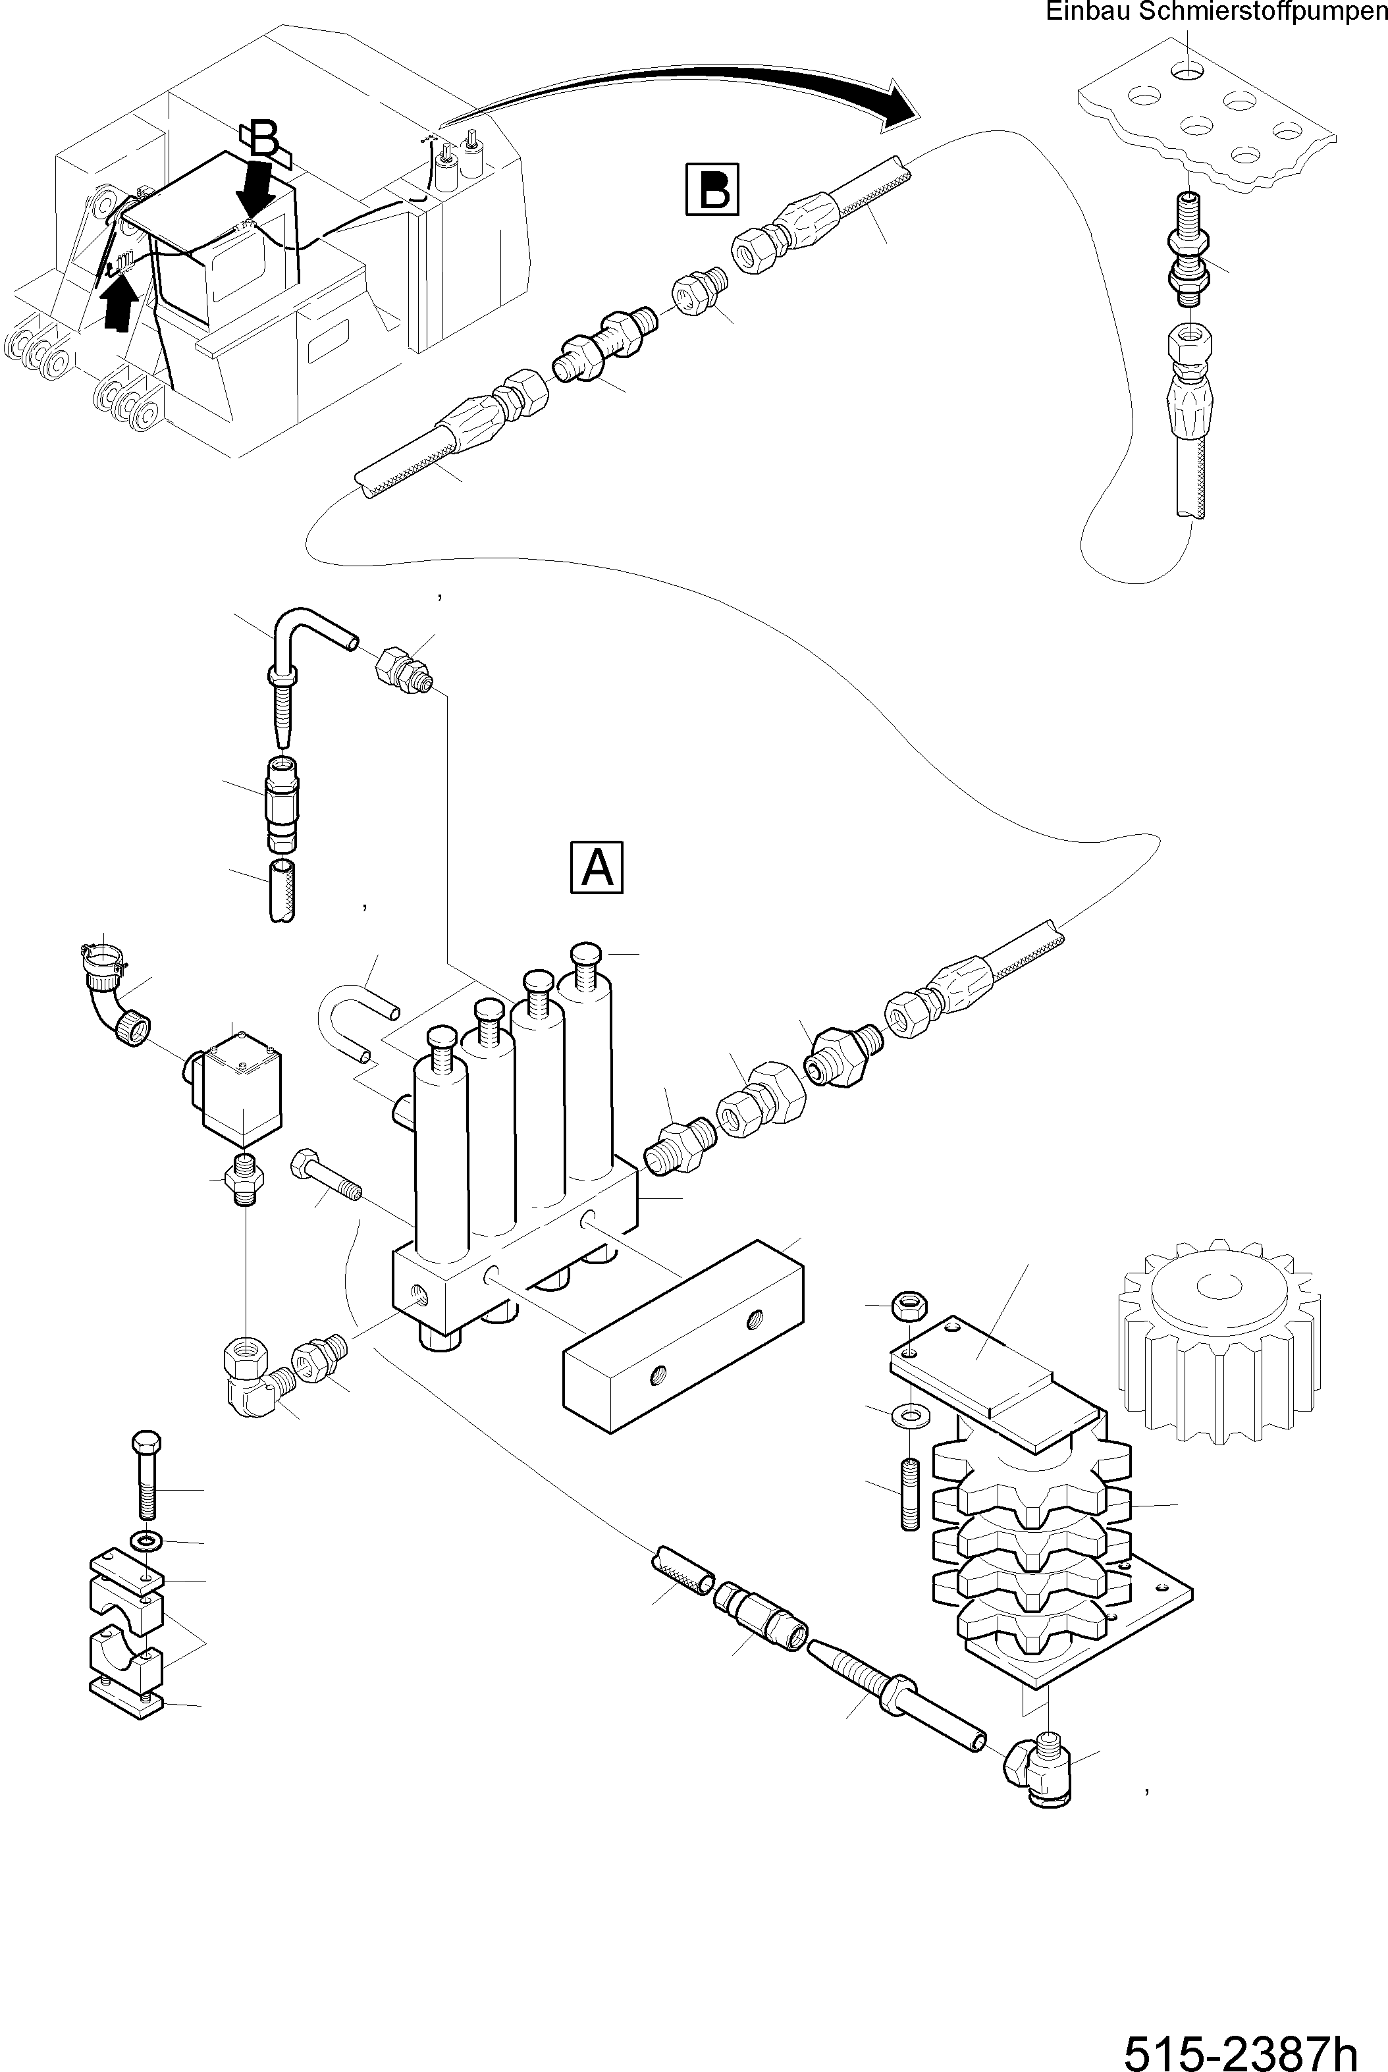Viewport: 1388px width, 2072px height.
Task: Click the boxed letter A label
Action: coord(597,867)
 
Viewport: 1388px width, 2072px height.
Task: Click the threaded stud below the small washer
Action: coord(912,1493)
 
